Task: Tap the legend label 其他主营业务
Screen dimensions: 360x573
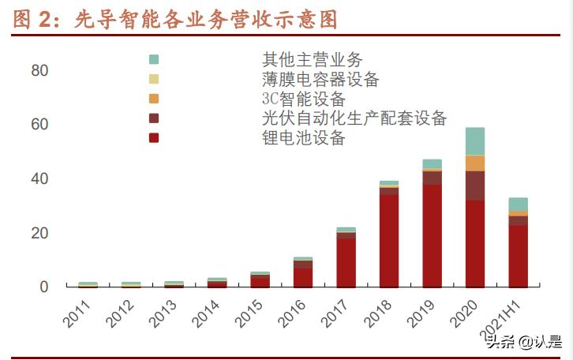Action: (x=313, y=59)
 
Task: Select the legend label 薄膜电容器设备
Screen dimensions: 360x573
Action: (x=321, y=79)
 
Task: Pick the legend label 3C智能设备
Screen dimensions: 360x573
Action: (x=304, y=99)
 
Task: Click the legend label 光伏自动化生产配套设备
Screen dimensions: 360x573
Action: (x=354, y=118)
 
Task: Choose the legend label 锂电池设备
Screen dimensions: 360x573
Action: (x=304, y=138)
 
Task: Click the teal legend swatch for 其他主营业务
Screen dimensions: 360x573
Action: (x=154, y=59)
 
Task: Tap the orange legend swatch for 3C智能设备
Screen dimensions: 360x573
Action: (x=154, y=99)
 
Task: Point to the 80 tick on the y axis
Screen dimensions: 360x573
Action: (x=39, y=70)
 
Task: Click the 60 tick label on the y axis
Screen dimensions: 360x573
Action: (x=39, y=125)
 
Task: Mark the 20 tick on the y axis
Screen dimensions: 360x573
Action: (x=39, y=233)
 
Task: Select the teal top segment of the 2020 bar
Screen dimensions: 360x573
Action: (x=475, y=141)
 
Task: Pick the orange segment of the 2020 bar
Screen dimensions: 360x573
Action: (x=475, y=163)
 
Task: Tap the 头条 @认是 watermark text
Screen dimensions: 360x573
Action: (x=522, y=342)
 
